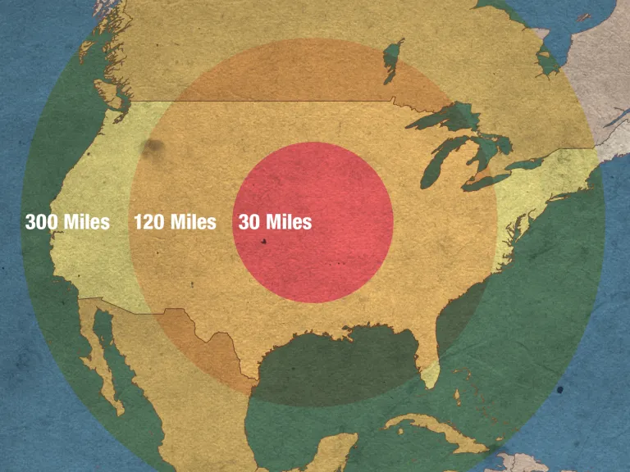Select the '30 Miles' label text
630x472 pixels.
coord(275,222)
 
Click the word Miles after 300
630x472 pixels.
coord(86,222)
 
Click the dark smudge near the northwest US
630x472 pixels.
coord(153,147)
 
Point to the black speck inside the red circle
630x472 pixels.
coord(264,242)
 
